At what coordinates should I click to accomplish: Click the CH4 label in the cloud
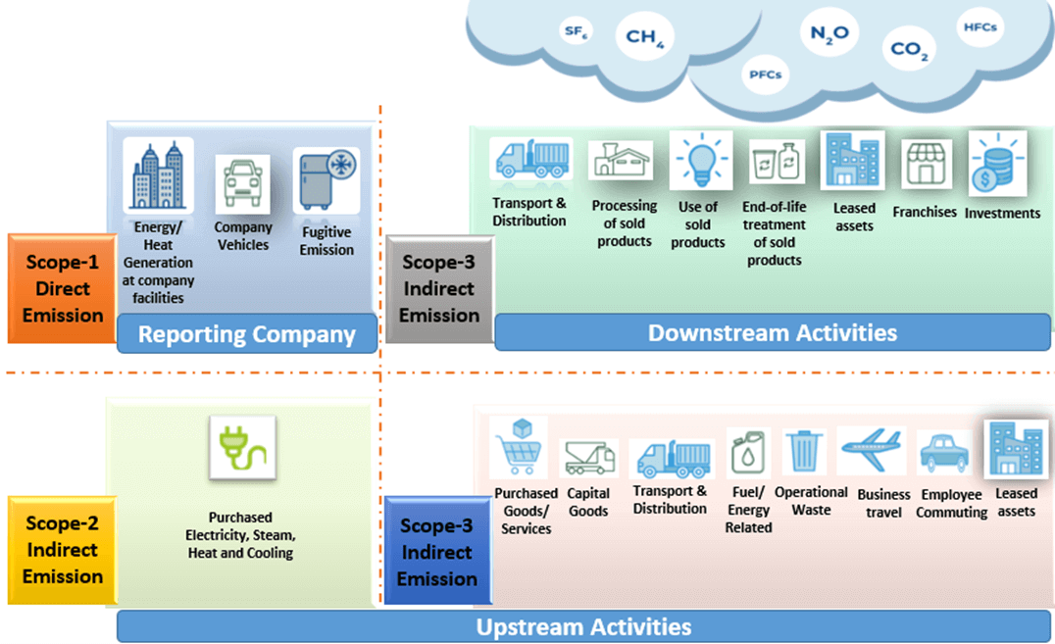coord(644,37)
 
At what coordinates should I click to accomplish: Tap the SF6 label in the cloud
coord(576,31)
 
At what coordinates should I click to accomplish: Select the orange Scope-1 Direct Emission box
coord(63,288)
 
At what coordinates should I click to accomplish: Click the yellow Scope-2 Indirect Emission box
coord(63,550)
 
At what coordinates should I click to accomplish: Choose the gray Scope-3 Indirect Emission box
coord(438,288)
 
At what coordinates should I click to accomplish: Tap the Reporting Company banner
coord(246,334)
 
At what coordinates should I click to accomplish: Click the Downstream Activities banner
coord(772,332)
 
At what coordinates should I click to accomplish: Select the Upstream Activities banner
coord(583,626)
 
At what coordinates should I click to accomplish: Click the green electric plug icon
coord(241,448)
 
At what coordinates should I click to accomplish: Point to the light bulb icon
coord(700,161)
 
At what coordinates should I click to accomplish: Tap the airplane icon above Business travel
coord(872,449)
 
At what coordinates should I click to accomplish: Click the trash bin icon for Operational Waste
coord(804,451)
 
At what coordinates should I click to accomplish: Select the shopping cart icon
coord(519,450)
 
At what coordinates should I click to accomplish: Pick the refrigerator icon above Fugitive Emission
coord(327,180)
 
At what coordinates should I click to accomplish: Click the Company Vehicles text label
coord(242,236)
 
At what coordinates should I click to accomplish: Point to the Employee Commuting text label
coord(951,504)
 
